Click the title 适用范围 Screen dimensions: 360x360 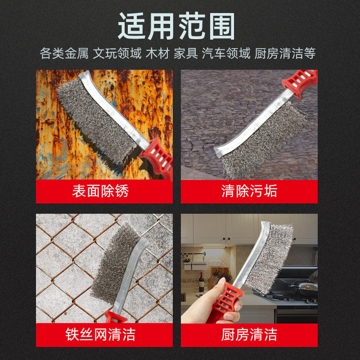point(176,26)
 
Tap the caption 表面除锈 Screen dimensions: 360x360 point(100,191)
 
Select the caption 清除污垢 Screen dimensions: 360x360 point(249,191)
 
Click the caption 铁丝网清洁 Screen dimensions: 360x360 point(100,334)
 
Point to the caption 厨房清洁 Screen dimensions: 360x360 point(249,334)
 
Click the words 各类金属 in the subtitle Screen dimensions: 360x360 point(64,54)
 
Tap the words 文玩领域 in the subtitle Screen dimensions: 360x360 point(117,54)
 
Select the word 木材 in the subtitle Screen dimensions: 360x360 point(158,54)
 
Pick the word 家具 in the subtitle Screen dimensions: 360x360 point(186,54)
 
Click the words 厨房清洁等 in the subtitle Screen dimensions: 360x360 point(285,54)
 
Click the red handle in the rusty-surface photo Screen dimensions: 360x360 point(157,158)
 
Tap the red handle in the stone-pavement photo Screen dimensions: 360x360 point(300,83)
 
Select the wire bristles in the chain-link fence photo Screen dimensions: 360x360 point(115,262)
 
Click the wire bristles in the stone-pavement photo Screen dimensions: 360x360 point(264,140)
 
